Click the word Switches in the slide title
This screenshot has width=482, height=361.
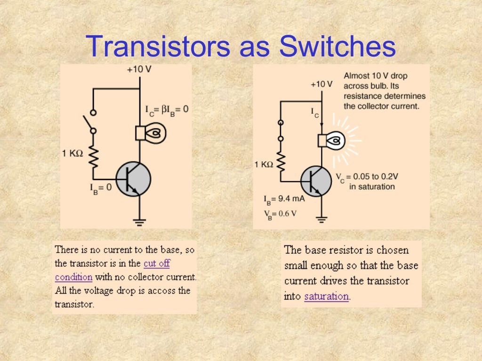[x=337, y=47]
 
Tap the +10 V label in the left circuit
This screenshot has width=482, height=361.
[x=139, y=70]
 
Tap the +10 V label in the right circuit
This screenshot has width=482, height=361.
[x=321, y=85]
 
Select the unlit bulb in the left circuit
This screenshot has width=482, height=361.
[x=152, y=133]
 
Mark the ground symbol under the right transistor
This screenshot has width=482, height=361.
[x=321, y=219]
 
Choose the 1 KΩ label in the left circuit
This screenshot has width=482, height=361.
[x=73, y=153]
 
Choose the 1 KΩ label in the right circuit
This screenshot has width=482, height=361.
[x=264, y=165]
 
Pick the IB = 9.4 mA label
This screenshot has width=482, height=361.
[x=284, y=199]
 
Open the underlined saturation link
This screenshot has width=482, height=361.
[x=326, y=297]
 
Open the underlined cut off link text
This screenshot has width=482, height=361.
[x=157, y=263]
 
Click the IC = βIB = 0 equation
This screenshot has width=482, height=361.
[x=167, y=110]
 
